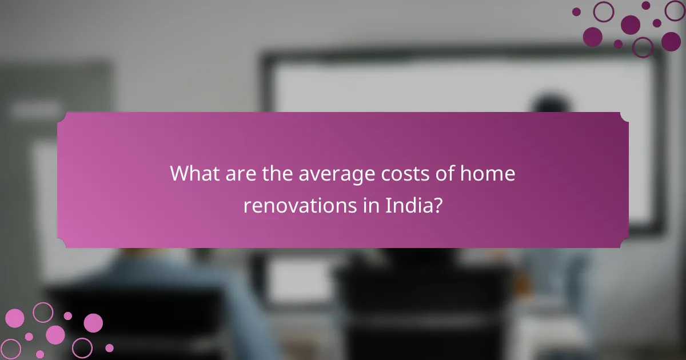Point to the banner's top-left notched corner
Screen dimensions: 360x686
[61, 116]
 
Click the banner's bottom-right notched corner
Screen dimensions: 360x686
[625, 244]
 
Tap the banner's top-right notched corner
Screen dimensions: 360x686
[625, 116]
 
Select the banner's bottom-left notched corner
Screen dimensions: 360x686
[61, 244]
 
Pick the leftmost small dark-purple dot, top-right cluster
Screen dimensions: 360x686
[576, 11]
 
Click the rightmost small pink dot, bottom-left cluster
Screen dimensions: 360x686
[109, 347]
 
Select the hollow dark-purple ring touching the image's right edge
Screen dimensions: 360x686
[675, 10]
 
